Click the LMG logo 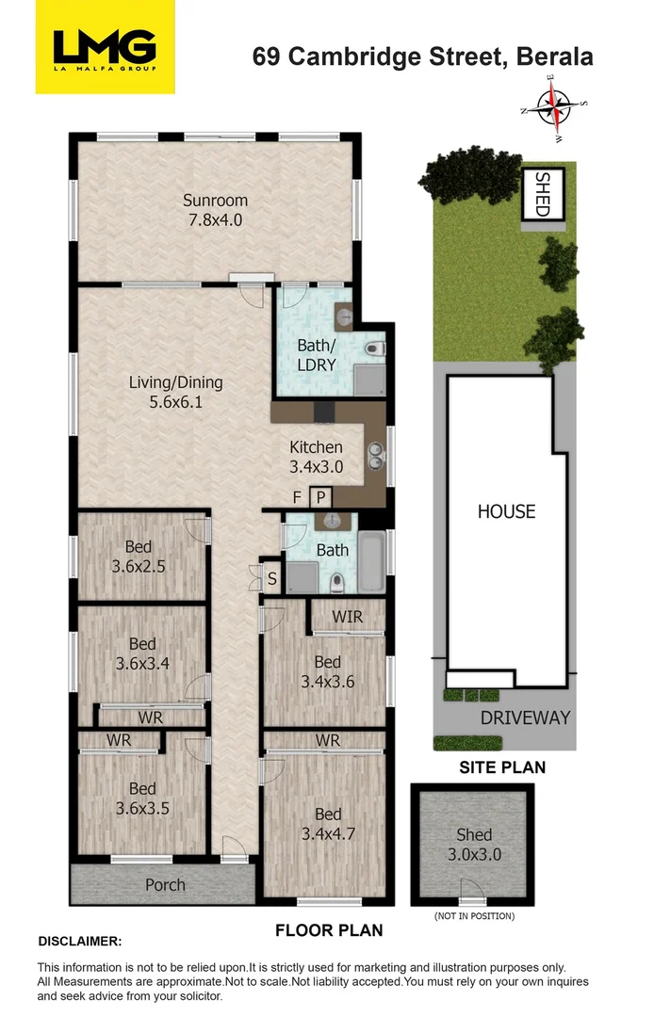point(106,47)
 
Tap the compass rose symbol point(556,109)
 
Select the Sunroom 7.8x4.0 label point(215,210)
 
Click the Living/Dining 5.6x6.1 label point(175,392)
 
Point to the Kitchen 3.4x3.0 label point(316,457)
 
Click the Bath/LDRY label point(316,354)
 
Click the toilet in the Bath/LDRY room point(375,350)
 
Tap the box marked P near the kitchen point(320,497)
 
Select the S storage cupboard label point(272,578)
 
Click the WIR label point(349,618)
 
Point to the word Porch point(165,885)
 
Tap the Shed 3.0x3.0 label point(473,844)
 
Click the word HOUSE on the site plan point(506,511)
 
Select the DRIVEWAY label point(525,718)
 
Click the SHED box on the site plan point(542,194)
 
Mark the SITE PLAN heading point(501,767)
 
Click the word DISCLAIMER point(80,941)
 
